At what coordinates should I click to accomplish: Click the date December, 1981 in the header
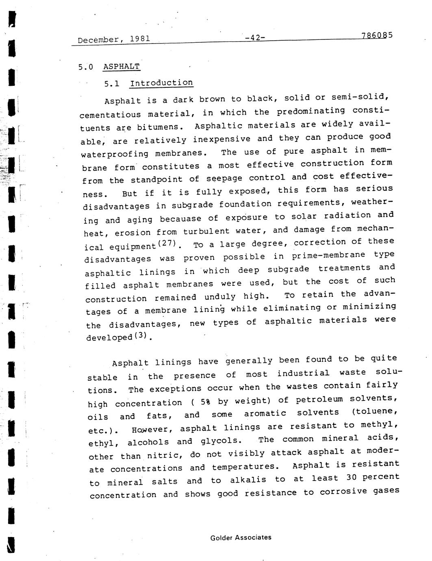click(x=114, y=39)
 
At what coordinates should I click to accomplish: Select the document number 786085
click(x=376, y=35)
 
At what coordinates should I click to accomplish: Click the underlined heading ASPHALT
click(x=122, y=66)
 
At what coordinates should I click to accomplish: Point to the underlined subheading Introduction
click(x=161, y=83)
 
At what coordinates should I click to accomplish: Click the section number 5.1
click(x=112, y=84)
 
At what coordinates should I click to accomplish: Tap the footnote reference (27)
click(x=167, y=244)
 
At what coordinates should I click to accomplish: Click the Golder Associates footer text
click(x=241, y=537)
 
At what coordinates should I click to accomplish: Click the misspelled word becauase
click(x=180, y=219)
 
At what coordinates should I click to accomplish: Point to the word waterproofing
click(x=115, y=154)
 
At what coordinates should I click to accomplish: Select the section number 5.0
click(x=86, y=67)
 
